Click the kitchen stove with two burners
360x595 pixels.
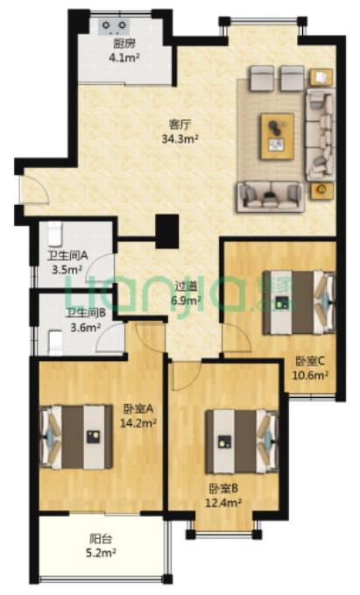(x=114, y=26)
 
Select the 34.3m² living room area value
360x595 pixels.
(x=180, y=138)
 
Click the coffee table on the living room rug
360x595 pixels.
(x=278, y=136)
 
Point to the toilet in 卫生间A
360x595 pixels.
(x=56, y=232)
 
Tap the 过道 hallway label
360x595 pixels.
(x=186, y=286)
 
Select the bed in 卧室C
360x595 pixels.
(x=299, y=302)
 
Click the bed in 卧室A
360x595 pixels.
(x=76, y=436)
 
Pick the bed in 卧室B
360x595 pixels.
(x=242, y=442)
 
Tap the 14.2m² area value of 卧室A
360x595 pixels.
(x=138, y=422)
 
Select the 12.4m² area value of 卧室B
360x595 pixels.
(x=224, y=503)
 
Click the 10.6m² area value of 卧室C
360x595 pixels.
(x=310, y=375)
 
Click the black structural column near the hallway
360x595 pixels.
(x=167, y=231)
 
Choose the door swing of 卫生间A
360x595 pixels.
(x=100, y=267)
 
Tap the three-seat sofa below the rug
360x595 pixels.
(x=270, y=196)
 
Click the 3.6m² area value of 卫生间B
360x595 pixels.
(x=86, y=327)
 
